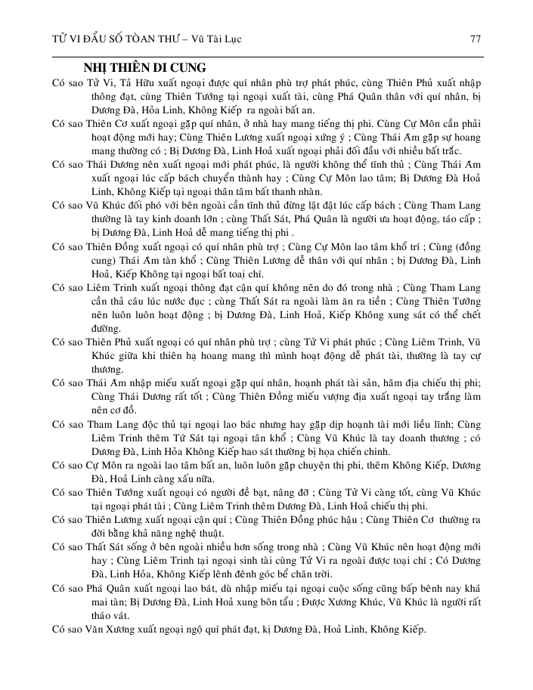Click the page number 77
(476, 39)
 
